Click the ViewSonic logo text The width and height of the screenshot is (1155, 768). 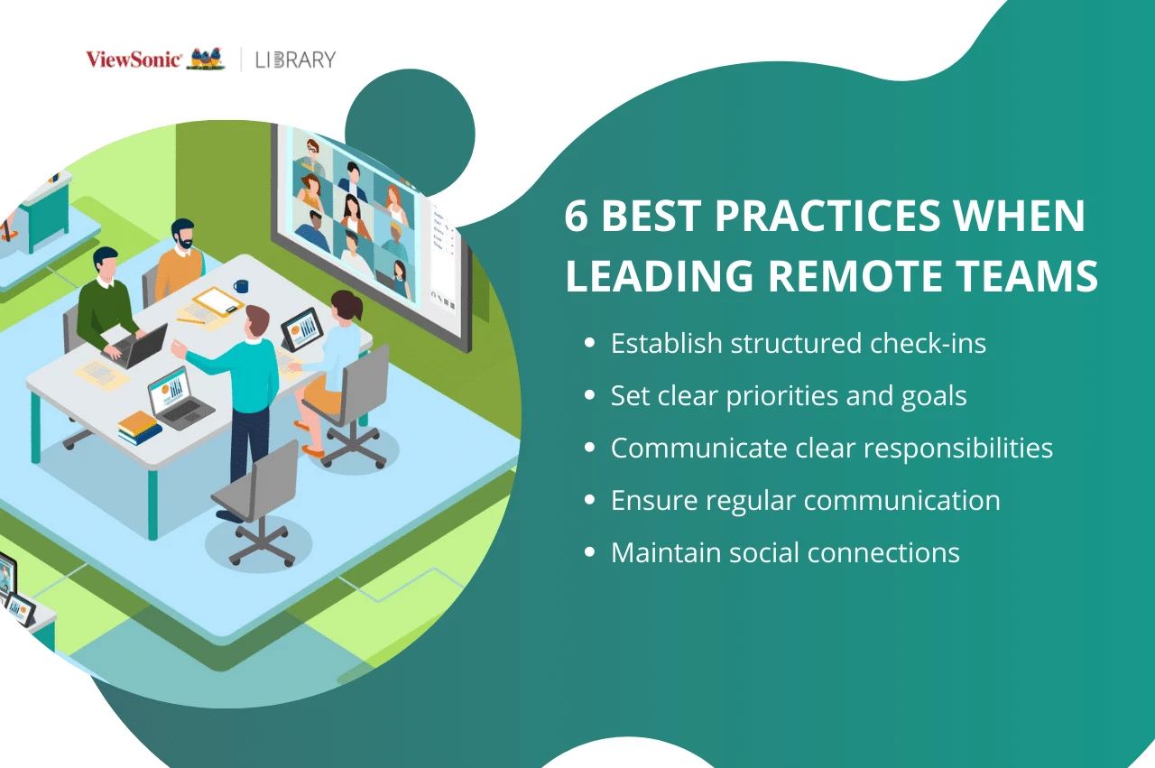134,60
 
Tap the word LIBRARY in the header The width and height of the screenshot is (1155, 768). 295,60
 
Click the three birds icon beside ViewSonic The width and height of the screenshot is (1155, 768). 206,60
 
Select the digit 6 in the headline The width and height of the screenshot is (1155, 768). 576,217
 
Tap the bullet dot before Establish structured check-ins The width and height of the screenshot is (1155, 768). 590,344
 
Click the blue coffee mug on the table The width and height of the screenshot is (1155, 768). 240,286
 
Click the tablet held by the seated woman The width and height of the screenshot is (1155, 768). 302,328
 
